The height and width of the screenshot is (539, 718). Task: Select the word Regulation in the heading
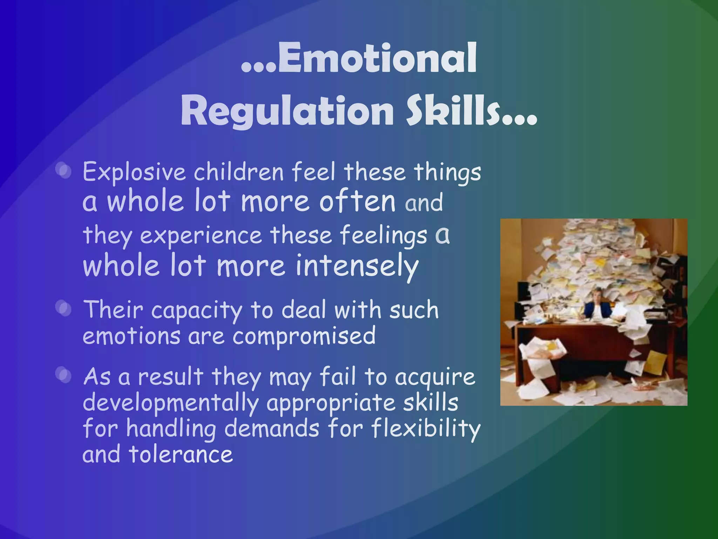(x=287, y=111)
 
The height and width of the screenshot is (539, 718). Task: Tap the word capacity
(x=196, y=311)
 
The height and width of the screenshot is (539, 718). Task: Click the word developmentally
(x=170, y=402)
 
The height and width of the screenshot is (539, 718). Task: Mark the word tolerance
(x=181, y=454)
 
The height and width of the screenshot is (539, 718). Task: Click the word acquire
(x=435, y=377)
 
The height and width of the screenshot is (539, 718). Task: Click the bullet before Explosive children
(x=65, y=172)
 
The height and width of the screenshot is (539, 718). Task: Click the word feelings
(x=384, y=235)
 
